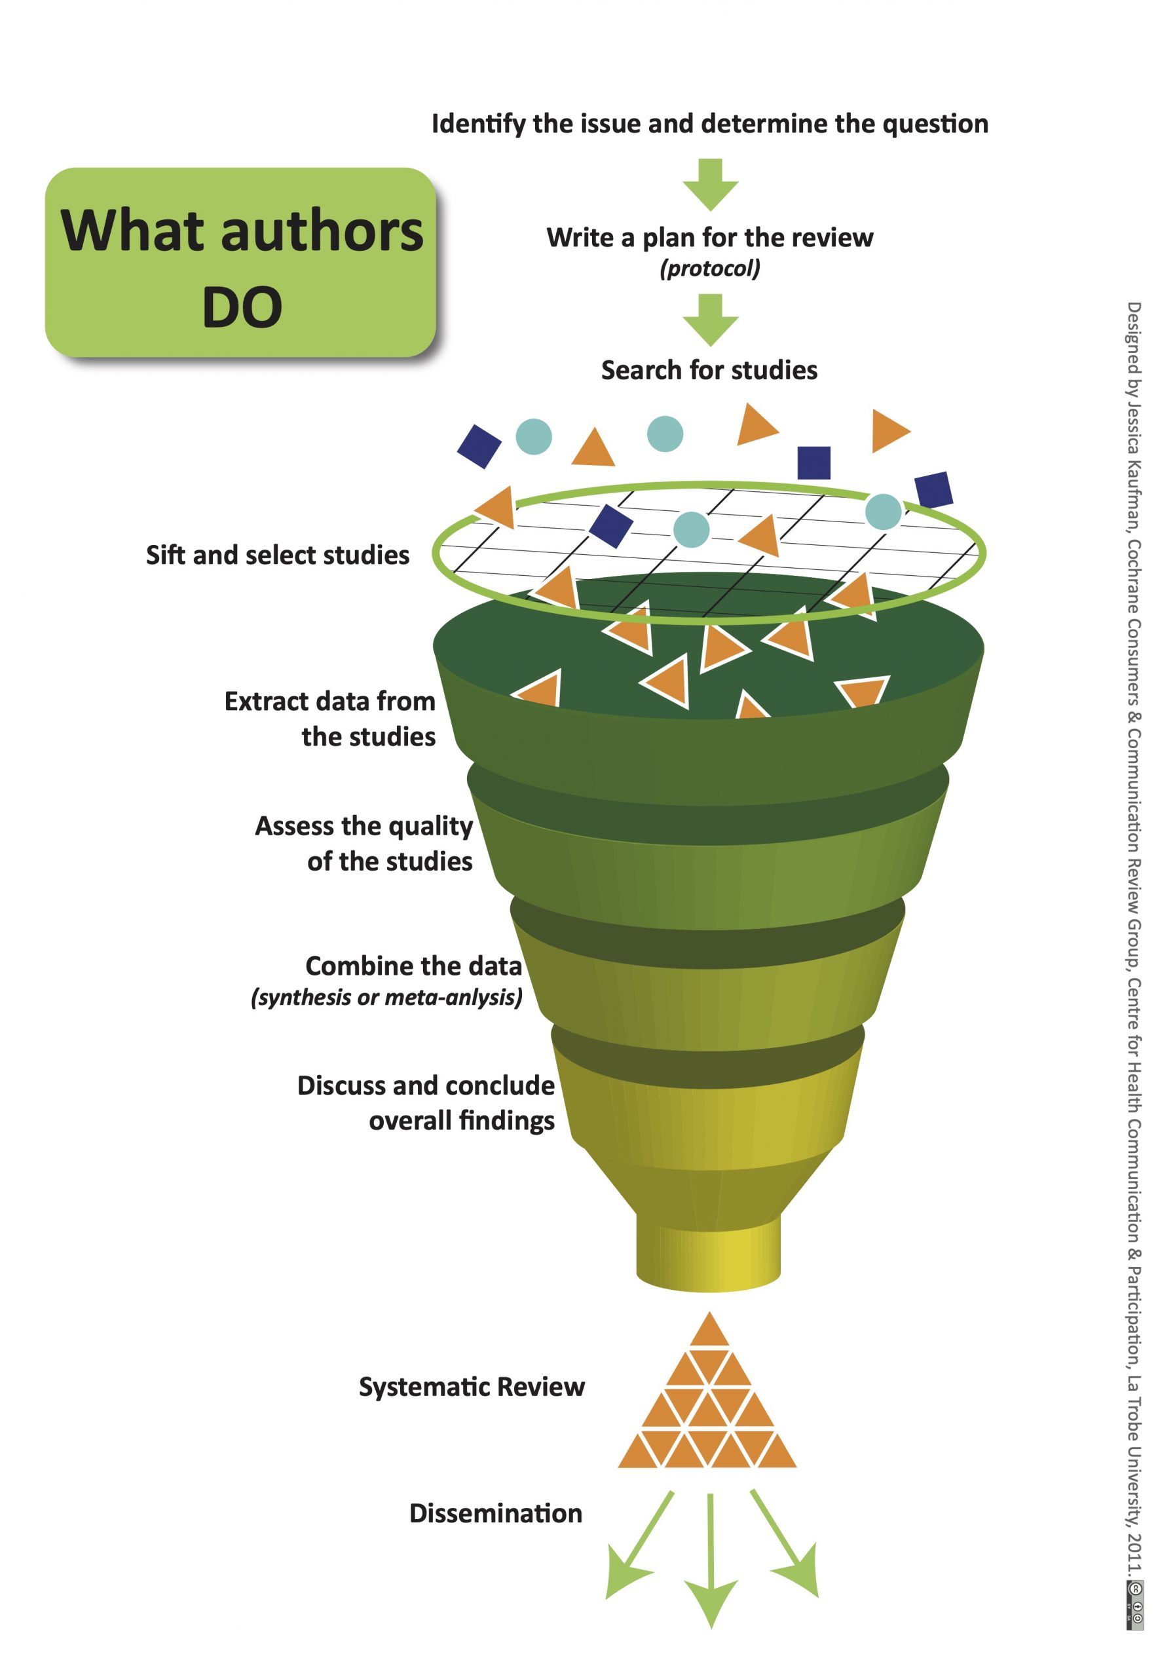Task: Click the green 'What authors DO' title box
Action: [x=241, y=263]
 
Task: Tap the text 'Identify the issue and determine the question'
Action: [x=709, y=124]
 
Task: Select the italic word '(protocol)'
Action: [x=709, y=269]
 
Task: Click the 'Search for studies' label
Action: [x=709, y=371]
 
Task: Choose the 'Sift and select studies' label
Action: [x=277, y=555]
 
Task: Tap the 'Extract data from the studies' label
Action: [x=331, y=719]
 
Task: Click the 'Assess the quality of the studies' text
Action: [x=364, y=843]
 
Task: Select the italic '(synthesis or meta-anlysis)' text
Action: [x=386, y=998]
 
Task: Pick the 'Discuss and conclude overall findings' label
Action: [x=426, y=1102]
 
